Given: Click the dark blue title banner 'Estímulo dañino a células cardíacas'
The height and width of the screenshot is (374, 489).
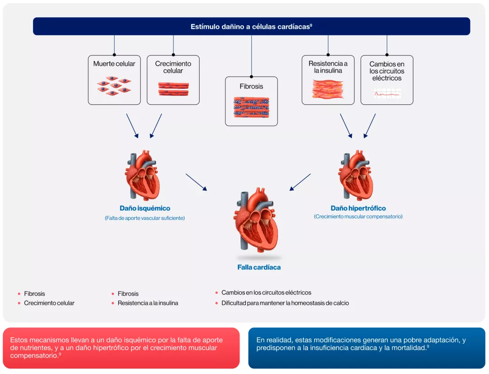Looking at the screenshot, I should click(x=251, y=26).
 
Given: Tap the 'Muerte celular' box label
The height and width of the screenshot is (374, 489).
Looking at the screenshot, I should click(x=114, y=64).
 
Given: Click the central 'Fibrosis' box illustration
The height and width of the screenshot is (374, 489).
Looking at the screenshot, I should click(x=251, y=108).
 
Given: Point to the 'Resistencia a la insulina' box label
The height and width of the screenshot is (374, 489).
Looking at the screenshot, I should click(x=328, y=67).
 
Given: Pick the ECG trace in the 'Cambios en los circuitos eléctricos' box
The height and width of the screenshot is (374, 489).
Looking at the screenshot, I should click(x=387, y=94).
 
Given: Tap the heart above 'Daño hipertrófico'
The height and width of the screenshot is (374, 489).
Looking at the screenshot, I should click(x=357, y=175).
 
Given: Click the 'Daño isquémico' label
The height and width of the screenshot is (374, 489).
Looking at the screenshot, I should click(x=145, y=209).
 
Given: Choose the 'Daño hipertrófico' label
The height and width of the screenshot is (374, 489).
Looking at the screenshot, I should click(x=358, y=209).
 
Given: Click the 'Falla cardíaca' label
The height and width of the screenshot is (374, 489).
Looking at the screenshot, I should click(x=259, y=267).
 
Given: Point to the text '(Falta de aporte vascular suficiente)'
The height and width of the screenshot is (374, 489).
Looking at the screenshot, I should click(x=145, y=218).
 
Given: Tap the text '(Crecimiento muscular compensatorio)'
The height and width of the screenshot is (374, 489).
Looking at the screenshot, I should click(x=358, y=217).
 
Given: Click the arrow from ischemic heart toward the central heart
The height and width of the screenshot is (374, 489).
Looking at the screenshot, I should click(x=197, y=182).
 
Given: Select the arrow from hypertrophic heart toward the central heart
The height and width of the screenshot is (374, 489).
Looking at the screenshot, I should click(x=300, y=182).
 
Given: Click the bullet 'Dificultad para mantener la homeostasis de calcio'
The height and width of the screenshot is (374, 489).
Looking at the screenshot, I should click(x=285, y=303).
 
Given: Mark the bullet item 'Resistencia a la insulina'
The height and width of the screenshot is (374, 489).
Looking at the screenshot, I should click(x=148, y=303).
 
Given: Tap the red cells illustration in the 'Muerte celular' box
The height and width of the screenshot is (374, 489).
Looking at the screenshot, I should click(x=114, y=85).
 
